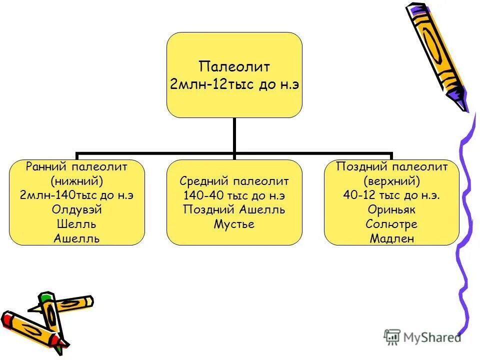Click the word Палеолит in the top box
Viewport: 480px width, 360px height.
tap(234, 66)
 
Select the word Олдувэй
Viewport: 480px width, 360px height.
tap(76, 210)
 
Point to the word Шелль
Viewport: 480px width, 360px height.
tap(76, 224)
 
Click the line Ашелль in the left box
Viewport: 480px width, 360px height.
tap(76, 238)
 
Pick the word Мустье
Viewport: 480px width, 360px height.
tap(234, 224)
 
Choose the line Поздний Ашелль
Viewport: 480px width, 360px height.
tap(234, 209)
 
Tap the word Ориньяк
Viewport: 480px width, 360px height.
tap(391, 210)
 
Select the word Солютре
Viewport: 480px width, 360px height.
tap(391, 224)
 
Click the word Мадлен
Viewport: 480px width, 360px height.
tap(391, 238)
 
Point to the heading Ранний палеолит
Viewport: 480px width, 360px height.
tap(76, 166)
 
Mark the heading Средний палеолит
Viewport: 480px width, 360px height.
tap(234, 180)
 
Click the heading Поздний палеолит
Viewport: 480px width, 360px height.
tap(391, 166)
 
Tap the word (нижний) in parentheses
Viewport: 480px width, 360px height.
tap(76, 180)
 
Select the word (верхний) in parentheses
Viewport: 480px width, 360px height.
tap(391, 180)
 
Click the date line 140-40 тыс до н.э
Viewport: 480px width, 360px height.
tap(234, 195)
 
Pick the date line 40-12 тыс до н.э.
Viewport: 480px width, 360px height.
tap(391, 195)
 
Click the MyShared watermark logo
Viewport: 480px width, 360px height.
tap(422, 336)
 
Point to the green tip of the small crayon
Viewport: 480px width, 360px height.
tap(46, 297)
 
